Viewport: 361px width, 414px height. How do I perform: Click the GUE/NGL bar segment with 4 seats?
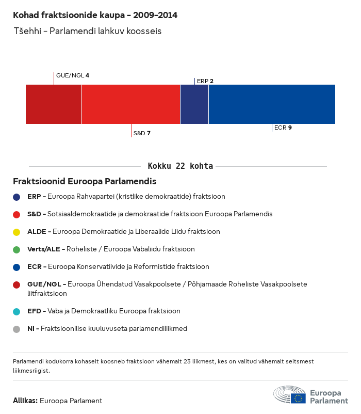54,104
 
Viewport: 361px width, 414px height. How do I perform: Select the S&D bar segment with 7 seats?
131,104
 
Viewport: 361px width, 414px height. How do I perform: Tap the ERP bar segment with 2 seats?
194,104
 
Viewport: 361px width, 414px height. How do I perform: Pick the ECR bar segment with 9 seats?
272,104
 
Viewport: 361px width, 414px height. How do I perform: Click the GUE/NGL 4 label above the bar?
73,75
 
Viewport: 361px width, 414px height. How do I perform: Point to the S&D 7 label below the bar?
142,133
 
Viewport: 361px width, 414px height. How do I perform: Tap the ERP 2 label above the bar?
205,81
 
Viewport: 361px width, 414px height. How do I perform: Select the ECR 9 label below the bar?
283,127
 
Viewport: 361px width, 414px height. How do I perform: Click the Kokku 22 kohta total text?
180,166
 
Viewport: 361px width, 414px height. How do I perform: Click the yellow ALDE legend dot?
17,232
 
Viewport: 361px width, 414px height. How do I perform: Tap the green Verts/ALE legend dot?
17,249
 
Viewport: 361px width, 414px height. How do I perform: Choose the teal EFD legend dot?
17,311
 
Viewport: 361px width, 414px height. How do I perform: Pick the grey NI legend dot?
17,329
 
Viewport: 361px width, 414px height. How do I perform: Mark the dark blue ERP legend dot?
17,197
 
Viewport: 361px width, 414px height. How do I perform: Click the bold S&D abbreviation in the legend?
34,214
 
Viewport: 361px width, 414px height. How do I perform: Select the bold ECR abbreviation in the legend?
34,267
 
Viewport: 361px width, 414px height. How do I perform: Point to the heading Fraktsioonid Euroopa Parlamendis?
85,182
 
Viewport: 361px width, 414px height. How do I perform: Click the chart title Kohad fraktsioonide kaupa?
95,15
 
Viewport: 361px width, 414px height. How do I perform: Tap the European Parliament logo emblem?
289,394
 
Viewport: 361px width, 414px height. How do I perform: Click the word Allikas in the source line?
25,401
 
